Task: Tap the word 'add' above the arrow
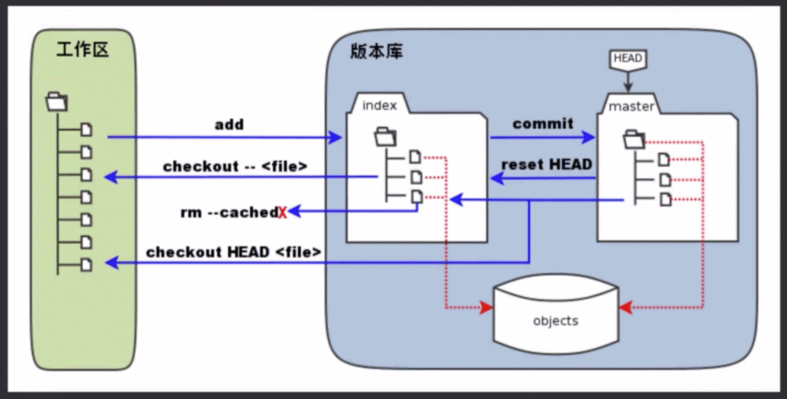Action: (229, 125)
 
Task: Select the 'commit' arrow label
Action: (543, 124)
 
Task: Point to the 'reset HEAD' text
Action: (547, 165)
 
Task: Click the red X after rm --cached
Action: (282, 213)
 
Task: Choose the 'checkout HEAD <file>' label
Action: (233, 252)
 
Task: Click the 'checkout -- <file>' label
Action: (235, 166)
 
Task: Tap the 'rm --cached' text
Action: (228, 213)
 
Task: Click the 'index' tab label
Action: (380, 106)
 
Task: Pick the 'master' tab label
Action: (631, 106)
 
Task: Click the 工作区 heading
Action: (82, 50)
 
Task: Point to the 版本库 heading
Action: (376, 52)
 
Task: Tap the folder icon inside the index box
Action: (385, 136)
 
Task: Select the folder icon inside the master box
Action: (635, 138)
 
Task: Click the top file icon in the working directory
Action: (87, 130)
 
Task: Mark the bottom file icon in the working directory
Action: (87, 264)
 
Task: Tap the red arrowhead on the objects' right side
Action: (625, 309)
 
